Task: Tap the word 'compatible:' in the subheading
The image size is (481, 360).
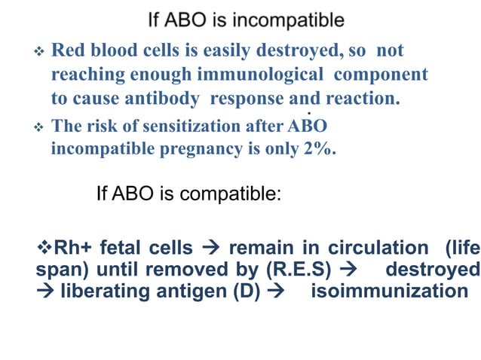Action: tap(234, 194)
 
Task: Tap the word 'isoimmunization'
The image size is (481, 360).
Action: tap(390, 291)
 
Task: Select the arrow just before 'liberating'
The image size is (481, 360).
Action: tap(45, 291)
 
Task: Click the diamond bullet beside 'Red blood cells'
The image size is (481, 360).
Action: tap(41, 53)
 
